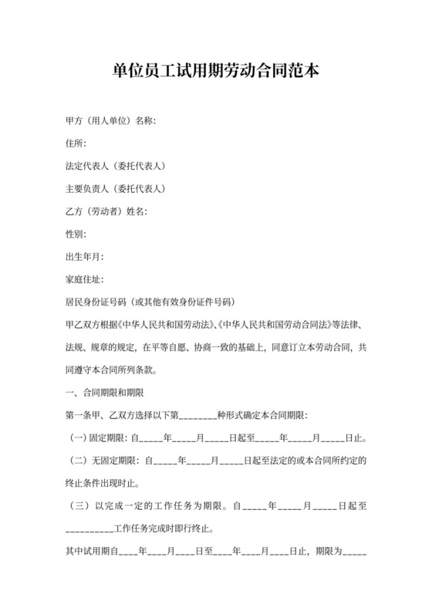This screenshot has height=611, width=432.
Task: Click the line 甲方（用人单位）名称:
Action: [112, 120]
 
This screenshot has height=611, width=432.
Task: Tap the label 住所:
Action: [76, 143]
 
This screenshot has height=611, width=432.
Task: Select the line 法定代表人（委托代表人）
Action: [116, 166]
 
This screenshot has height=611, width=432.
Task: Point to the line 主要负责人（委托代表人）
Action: [116, 188]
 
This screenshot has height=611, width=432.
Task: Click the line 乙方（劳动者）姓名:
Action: [107, 211]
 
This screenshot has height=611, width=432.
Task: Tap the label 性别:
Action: [76, 233]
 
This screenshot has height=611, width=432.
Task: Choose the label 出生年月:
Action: [85, 255]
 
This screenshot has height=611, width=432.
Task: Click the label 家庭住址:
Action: [85, 278]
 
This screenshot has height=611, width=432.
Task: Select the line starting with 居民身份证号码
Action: [150, 301]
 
